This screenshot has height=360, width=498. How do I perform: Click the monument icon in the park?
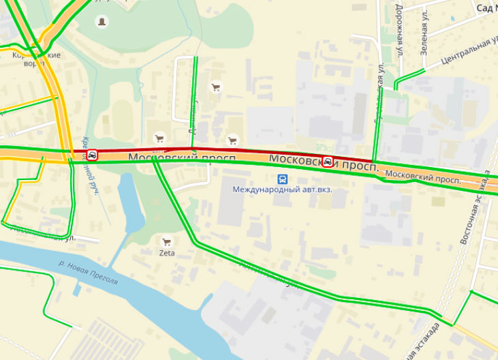(102, 22)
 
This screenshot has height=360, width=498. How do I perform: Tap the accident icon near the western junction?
(92, 155)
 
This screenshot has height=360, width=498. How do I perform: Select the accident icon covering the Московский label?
(328, 162)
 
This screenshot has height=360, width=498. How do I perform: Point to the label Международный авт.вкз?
(282, 190)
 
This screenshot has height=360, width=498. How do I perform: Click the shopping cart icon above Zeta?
(166, 241)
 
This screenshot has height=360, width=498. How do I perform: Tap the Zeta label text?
(167, 253)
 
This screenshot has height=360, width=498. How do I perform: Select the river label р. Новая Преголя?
(88, 272)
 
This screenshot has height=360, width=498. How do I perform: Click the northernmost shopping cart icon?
(216, 87)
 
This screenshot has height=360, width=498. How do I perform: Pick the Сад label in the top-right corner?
(485, 7)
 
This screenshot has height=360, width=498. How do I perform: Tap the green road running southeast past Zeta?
(273, 273)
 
